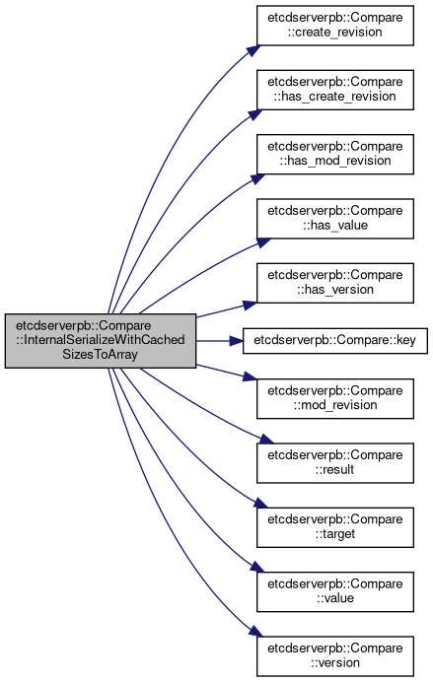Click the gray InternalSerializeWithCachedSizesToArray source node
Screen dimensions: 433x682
click(x=101, y=341)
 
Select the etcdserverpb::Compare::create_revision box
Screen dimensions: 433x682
click(x=335, y=26)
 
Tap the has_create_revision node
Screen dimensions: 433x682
click(x=335, y=90)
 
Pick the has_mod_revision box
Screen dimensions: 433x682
click(x=335, y=154)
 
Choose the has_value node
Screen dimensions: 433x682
click(x=335, y=219)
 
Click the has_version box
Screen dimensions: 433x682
click(x=335, y=283)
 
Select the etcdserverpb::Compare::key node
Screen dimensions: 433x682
click(x=335, y=341)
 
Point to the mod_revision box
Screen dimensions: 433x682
click(x=335, y=398)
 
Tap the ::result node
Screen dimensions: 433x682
click(x=335, y=463)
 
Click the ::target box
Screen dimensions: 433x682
click(x=335, y=527)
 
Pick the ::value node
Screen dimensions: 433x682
click(x=335, y=591)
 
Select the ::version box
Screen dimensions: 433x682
click(x=335, y=656)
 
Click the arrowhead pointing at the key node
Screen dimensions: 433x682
click(x=237, y=341)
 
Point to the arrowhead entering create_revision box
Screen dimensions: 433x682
click(x=254, y=49)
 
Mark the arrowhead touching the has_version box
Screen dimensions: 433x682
click(x=251, y=305)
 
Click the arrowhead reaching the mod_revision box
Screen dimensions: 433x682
click(x=251, y=376)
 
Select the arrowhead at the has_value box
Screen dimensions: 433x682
click(x=263, y=242)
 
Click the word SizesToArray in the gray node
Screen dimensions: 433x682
click(x=100, y=354)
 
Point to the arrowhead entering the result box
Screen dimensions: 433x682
click(x=266, y=440)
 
